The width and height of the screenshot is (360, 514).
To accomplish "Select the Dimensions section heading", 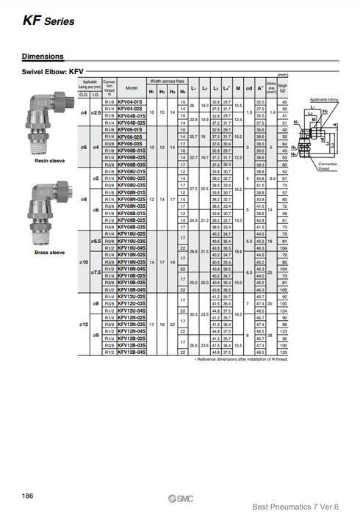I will point(42,57).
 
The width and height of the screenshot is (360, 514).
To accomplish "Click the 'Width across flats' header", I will point(167,81).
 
